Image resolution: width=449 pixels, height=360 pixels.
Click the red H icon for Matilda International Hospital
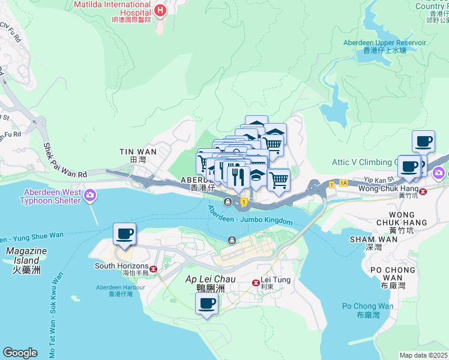click(160, 10)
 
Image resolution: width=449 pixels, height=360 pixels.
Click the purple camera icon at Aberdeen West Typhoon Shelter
click(91, 194)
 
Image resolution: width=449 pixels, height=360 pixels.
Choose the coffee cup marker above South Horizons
click(124, 234)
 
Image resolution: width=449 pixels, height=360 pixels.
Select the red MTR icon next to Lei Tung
click(256, 282)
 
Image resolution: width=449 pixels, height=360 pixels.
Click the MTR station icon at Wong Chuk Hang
click(424, 191)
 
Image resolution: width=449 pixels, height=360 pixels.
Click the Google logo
click(20, 352)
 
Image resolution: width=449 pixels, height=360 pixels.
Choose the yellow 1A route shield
click(343, 183)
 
